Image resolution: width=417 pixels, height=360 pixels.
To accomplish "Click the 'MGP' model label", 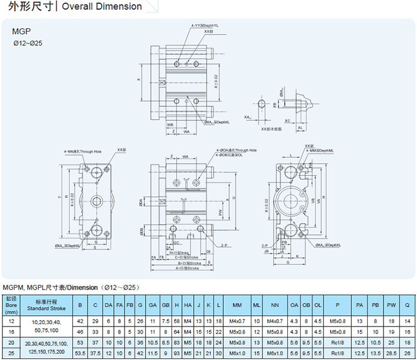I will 20,32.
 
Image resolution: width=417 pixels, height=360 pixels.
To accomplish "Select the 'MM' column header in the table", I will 237,305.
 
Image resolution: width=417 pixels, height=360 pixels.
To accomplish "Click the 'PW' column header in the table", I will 391,305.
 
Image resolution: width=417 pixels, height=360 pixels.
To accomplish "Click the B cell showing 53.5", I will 80,352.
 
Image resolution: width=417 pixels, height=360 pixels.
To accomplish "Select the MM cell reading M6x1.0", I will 237,352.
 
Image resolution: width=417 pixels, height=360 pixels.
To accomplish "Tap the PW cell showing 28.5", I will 391,352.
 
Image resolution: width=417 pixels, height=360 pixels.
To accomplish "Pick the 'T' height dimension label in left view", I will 59,196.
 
